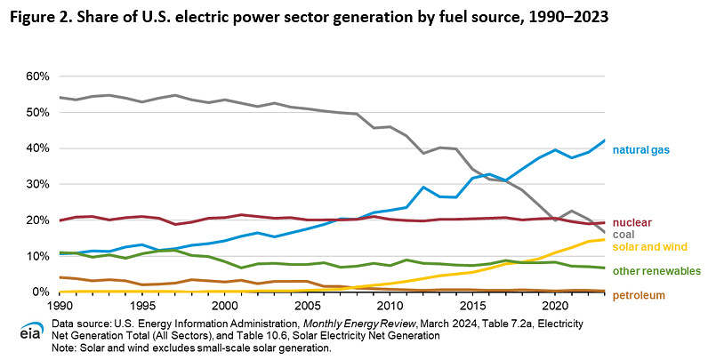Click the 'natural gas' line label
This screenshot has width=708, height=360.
coord(640,150)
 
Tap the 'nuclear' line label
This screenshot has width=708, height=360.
coord(632,221)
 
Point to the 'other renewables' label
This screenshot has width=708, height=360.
coord(656,271)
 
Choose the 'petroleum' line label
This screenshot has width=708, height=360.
coord(638,295)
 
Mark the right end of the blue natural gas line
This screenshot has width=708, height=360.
coord(605,140)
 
